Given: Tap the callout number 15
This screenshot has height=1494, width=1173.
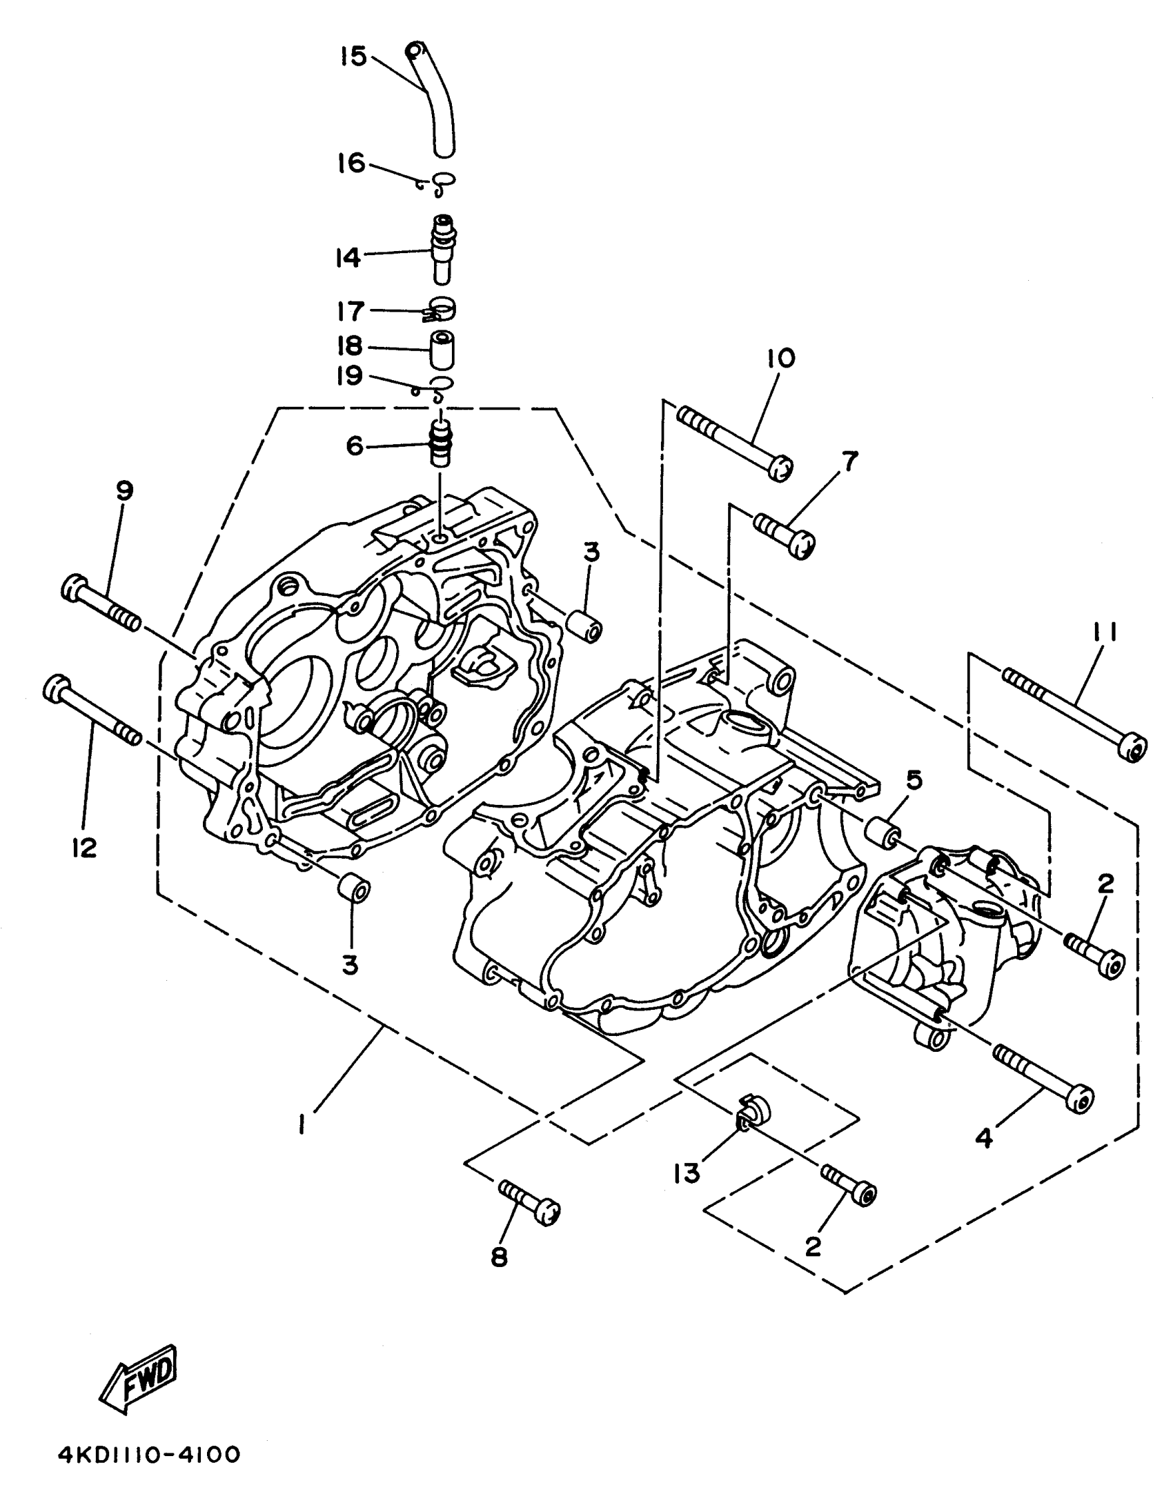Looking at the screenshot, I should tap(353, 57).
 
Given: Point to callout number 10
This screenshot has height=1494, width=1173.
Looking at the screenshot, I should tap(780, 358).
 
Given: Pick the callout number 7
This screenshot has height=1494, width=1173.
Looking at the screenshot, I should tap(848, 461).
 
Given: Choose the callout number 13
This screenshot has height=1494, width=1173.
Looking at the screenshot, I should tap(687, 1173).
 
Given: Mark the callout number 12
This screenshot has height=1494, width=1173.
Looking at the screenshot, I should tap(84, 848).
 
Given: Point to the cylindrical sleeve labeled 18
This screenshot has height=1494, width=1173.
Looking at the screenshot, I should tap(442, 350).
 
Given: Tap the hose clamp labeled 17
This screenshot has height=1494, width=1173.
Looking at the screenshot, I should tap(441, 310).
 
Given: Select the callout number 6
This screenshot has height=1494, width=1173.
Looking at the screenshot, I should tap(355, 446).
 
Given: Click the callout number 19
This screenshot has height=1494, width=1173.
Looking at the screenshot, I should tap(350, 376).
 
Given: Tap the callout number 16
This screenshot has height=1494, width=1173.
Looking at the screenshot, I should tap(351, 163).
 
